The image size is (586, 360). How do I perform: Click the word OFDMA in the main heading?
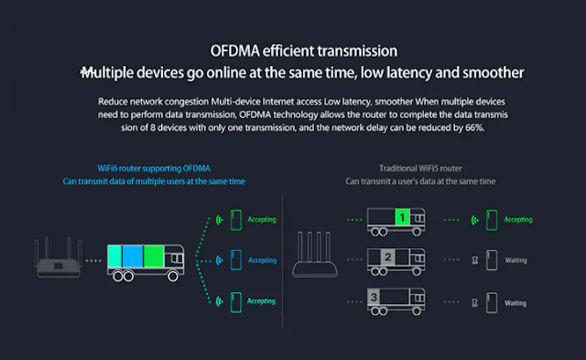234,51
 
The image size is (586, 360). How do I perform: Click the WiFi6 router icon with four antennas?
59,257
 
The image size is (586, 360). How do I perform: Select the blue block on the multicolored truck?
133,256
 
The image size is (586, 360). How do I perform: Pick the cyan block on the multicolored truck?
114,256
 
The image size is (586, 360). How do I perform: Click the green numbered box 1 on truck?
402,217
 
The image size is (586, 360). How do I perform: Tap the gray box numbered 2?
388,257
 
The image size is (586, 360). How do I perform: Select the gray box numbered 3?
374,297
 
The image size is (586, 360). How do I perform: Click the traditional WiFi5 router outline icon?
315,255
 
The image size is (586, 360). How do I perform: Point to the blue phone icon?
236,260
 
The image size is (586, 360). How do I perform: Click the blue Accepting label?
263,260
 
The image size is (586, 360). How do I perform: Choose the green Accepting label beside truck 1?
518,220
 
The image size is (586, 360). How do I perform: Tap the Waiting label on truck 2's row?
515,260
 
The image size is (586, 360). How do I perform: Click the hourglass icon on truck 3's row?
474,302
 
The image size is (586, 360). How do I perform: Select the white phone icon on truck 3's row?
492,302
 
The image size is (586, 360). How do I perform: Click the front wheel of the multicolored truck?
173,277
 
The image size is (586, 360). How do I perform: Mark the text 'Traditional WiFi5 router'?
420,169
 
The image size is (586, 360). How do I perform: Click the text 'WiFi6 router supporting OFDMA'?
154,169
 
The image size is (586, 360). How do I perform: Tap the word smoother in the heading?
494,72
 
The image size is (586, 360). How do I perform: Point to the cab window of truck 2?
419,258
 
